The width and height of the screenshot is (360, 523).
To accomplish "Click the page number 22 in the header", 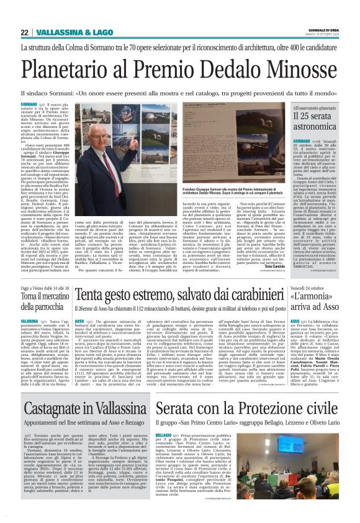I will (24, 32).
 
